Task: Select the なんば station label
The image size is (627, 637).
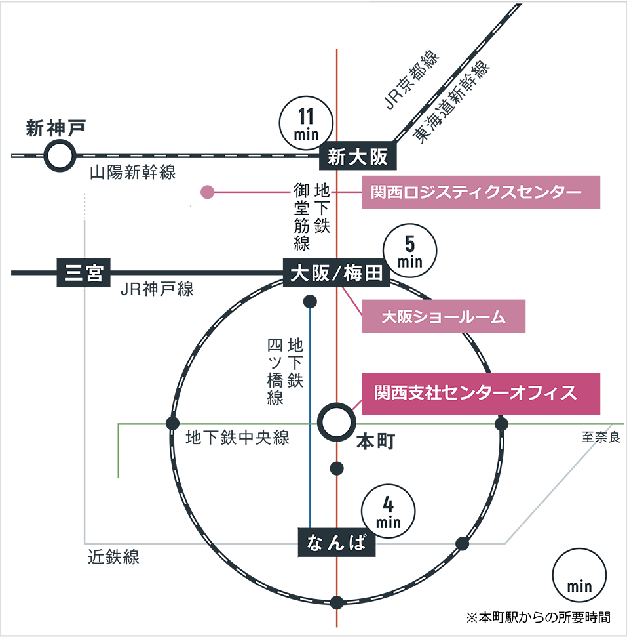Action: click(333, 543)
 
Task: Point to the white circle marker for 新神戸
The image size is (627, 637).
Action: click(58, 156)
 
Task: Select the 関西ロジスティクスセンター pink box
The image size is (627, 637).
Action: click(480, 192)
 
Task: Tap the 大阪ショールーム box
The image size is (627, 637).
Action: click(444, 316)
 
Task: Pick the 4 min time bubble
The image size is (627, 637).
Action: click(388, 512)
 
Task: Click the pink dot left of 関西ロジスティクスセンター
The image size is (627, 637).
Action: click(208, 193)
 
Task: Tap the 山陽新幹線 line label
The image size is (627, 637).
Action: click(133, 173)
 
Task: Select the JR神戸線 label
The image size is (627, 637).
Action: click(157, 289)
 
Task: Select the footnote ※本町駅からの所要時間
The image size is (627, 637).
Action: click(538, 617)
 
